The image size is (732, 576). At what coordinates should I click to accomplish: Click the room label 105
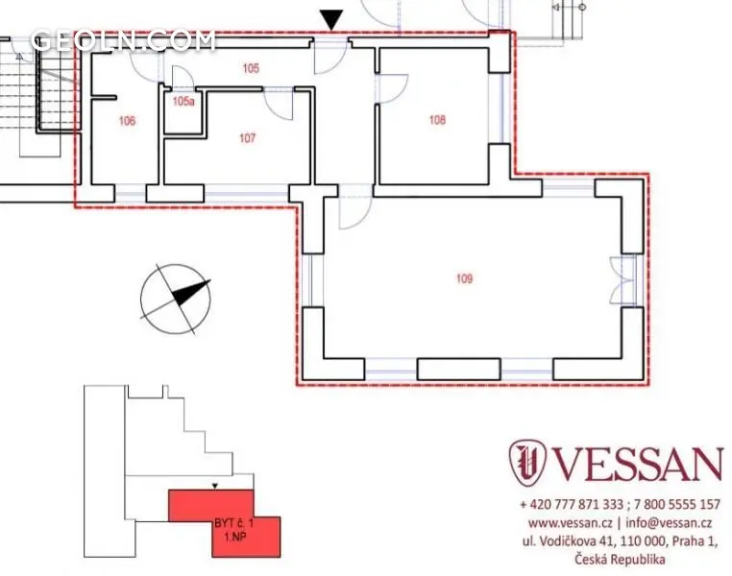click(251, 68)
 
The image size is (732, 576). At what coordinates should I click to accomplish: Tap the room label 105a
click(183, 101)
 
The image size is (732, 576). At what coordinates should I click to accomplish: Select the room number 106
click(127, 121)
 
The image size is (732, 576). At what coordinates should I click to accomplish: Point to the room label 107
click(248, 138)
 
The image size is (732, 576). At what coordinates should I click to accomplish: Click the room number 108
click(437, 120)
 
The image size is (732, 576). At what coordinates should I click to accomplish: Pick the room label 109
click(465, 278)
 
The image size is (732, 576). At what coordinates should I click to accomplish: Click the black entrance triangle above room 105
click(331, 20)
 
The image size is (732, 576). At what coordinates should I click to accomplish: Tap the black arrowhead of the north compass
click(190, 293)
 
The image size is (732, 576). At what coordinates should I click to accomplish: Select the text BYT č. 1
click(233, 523)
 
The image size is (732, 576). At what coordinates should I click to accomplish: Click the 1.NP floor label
click(234, 537)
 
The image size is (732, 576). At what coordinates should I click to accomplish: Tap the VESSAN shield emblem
click(527, 461)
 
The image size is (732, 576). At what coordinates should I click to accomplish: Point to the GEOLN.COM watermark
click(124, 40)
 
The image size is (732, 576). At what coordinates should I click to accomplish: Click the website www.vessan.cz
click(570, 523)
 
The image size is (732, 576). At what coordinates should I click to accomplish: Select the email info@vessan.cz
click(669, 523)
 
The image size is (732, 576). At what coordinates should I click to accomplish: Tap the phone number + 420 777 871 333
click(572, 504)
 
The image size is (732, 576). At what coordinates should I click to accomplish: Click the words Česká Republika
click(620, 559)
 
